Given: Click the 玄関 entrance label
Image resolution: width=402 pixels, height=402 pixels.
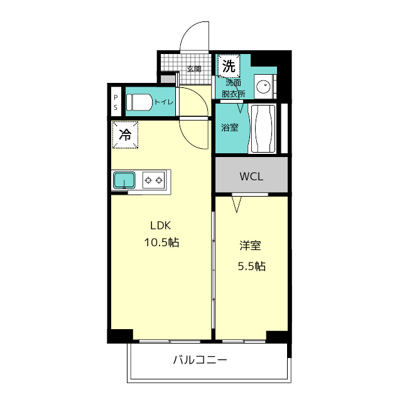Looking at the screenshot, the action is pos(194,69).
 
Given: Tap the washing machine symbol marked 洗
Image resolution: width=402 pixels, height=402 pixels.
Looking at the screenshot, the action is pos(229,66).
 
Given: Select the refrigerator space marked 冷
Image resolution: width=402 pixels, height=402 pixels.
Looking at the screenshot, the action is pos(125,135).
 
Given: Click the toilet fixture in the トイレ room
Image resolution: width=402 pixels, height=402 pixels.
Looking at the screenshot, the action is pos(139,102).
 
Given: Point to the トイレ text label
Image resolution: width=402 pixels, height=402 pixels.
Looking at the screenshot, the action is pos(164,102).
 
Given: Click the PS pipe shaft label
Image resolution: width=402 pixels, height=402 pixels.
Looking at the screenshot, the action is pos(116,102).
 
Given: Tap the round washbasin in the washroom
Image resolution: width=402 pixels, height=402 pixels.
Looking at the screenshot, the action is pos(263,86).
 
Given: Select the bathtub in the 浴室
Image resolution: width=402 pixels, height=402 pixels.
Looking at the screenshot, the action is pos(263,129).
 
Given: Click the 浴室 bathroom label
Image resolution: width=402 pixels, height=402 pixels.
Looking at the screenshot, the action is pos(230,128).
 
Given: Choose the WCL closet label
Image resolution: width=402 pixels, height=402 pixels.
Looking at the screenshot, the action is pos(251,177).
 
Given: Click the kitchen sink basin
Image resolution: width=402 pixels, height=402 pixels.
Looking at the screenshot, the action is pos(124,180).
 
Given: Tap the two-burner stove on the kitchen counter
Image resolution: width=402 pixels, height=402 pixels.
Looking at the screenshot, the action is pos(153,180).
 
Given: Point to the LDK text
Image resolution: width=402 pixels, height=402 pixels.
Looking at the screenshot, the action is pos(161,225).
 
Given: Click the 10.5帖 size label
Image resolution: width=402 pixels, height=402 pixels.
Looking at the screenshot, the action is pos(161,242).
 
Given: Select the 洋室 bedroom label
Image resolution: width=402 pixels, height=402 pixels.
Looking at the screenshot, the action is pos(250,246).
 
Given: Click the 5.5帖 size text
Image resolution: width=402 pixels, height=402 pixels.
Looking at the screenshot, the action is pos(252,266).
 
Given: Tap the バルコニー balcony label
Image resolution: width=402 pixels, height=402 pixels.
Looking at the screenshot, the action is pos(200,360).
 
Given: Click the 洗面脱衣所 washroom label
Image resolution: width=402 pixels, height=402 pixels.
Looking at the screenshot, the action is pos(233,89).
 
